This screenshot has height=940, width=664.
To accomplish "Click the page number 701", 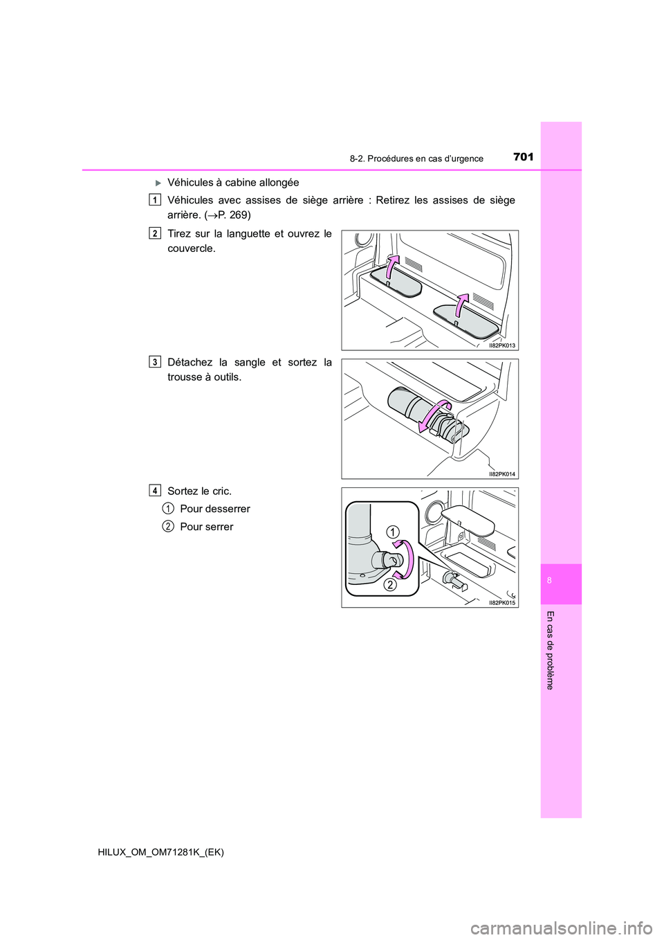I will pos(524,157).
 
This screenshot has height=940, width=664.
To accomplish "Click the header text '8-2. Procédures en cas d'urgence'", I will pos(416,159).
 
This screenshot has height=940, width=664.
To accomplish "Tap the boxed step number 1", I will pos(155,200).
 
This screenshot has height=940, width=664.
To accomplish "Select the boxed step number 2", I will pos(155,233).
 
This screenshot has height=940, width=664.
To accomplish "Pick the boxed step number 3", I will pos(155,362).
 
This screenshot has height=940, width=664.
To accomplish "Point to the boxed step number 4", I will pos(155,491).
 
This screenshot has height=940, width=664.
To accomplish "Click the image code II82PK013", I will pos(501,345).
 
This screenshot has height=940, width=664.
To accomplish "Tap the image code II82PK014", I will pos(501,474).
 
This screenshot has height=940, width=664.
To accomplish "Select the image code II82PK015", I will pos(501,603).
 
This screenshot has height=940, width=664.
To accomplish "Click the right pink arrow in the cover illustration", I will pos(461,306).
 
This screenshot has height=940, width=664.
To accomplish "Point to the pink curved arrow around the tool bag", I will pos(434,418).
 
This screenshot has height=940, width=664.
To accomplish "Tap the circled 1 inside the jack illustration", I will pos(392,532).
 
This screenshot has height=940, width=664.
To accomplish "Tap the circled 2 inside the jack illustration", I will pos(390,585).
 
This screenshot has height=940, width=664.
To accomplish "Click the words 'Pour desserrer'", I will pos(214,509).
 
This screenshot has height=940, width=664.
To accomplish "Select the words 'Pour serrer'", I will pos(206,527).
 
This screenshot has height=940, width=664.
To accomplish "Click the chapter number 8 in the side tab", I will pos(549,580).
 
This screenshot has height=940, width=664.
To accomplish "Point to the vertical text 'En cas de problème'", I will pos(550,650).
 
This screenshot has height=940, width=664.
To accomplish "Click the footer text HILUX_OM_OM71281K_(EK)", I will pos(156,852).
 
